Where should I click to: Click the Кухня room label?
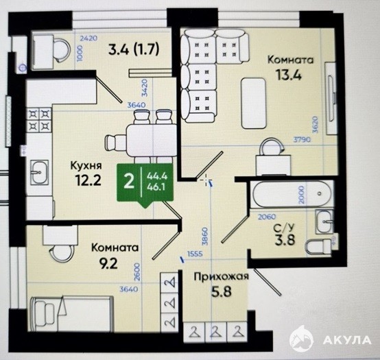pos(86,166)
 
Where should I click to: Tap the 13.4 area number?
pos(289,75)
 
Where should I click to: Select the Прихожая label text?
pos(222,276)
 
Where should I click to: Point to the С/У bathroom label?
pos(284,228)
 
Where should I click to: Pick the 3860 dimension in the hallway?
pos(205,237)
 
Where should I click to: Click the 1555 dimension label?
pos(195,254)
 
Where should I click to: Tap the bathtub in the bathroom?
pos(292,194)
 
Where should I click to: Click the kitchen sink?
pos(40,171)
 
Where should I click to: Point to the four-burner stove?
pos(39,120)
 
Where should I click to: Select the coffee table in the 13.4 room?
pos(254,104)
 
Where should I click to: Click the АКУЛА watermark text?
pos(347,340)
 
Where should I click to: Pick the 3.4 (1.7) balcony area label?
pos(134,49)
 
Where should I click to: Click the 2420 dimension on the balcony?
pos(88,38)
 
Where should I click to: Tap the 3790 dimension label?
pos(302,139)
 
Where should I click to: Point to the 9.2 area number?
pos(109,263)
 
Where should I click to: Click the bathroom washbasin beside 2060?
pos(324,221)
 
